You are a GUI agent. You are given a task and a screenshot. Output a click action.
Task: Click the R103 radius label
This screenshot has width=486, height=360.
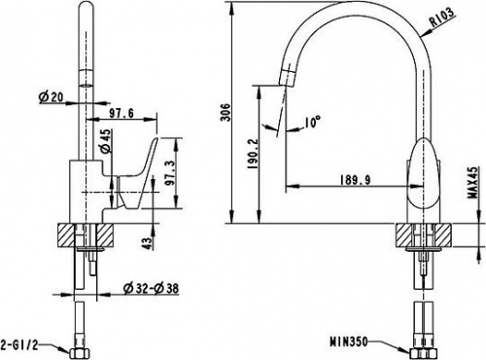click(441, 18)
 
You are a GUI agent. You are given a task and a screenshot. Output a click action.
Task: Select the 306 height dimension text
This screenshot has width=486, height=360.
click(225, 112)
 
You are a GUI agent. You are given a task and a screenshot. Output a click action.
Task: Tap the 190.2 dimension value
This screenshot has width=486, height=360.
click(253, 154)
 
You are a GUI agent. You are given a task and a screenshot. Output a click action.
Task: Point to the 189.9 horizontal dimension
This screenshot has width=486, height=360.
click(355, 179)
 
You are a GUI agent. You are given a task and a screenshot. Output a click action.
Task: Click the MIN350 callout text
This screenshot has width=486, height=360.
click(349, 342)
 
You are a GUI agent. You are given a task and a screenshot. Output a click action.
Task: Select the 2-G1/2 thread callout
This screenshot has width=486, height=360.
click(19, 344)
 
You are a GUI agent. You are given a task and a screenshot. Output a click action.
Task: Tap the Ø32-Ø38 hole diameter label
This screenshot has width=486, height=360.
click(152, 288)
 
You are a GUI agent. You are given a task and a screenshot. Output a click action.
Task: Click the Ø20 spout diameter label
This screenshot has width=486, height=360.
click(52, 96)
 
